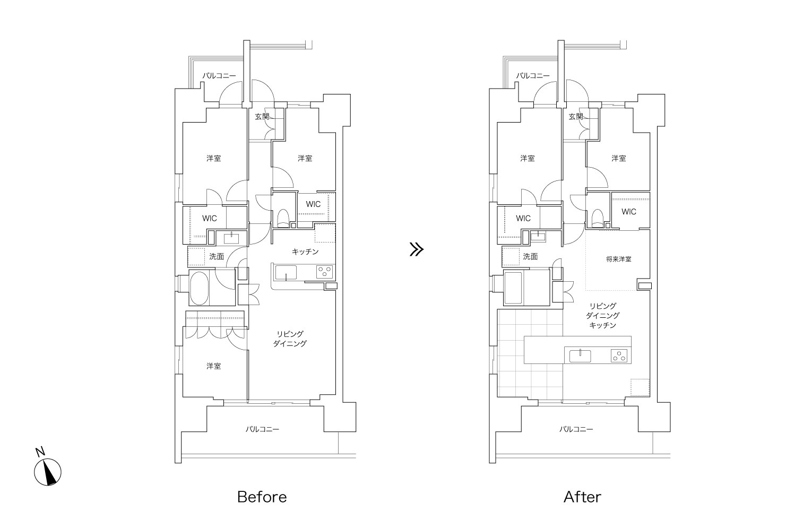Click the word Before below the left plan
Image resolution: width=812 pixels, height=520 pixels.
coord(262,497)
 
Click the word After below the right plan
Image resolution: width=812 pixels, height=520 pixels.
coord(582,497)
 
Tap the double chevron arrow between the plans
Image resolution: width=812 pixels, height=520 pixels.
coord(416,249)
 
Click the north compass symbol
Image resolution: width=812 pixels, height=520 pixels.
coord(47,472)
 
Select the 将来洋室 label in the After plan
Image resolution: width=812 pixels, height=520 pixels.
coord(618,259)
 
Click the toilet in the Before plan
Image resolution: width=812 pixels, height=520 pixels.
coord(283,218)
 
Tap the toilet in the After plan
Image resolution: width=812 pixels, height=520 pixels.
coord(597,218)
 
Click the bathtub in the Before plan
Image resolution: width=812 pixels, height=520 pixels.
coord(199,289)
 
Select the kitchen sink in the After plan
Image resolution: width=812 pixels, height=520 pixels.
coord(580,356)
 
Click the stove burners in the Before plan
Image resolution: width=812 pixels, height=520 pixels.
coord(324,272)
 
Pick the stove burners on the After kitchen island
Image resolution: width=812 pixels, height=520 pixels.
coord(619,356)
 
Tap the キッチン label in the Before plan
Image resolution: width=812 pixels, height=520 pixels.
coord(305,252)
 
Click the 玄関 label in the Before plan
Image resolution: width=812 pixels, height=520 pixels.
coord(262,117)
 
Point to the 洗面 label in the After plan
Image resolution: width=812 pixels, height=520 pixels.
coord(530,257)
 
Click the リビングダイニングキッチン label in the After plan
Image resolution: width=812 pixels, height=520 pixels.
coord(602,316)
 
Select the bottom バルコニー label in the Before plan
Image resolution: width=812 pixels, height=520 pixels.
coord(263,429)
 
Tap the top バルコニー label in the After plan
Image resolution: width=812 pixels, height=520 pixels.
coord(532,76)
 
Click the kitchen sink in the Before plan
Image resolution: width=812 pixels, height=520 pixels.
coord(286,273)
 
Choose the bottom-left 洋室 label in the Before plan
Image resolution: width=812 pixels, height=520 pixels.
coord(213,366)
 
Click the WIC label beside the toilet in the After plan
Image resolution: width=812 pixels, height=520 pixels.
coord(628,212)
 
